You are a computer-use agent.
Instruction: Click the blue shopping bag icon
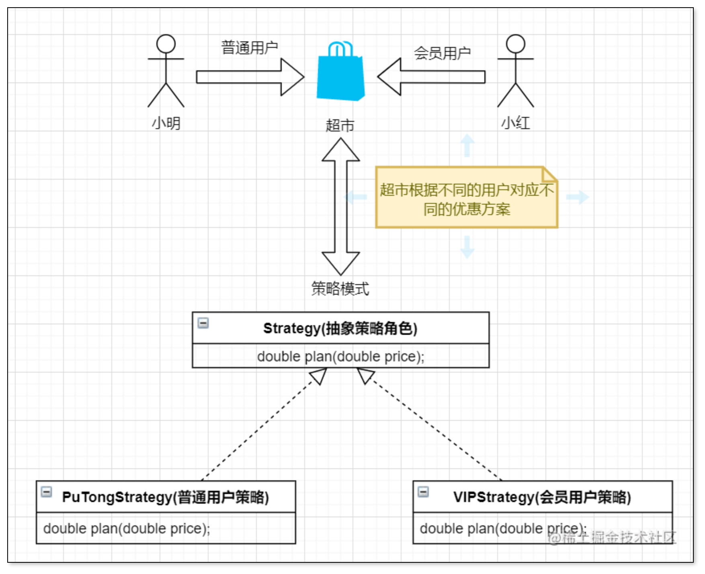[340, 72]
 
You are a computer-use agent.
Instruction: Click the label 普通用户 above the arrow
[250, 48]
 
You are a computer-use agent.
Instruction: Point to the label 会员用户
[442, 53]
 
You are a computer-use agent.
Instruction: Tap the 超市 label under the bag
[340, 125]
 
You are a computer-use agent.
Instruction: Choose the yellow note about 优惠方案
[466, 198]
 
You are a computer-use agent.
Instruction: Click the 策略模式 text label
[340, 289]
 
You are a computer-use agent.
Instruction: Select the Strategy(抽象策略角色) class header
[340, 328]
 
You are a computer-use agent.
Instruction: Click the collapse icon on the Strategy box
[203, 323]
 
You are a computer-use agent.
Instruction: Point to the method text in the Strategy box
[340, 357]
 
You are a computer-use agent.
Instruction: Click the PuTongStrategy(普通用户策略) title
[165, 497]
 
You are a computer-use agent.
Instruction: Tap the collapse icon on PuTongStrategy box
[47, 492]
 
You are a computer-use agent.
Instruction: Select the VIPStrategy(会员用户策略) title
[542, 497]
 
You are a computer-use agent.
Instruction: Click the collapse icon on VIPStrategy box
[423, 492]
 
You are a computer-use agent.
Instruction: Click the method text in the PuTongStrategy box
[127, 529]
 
